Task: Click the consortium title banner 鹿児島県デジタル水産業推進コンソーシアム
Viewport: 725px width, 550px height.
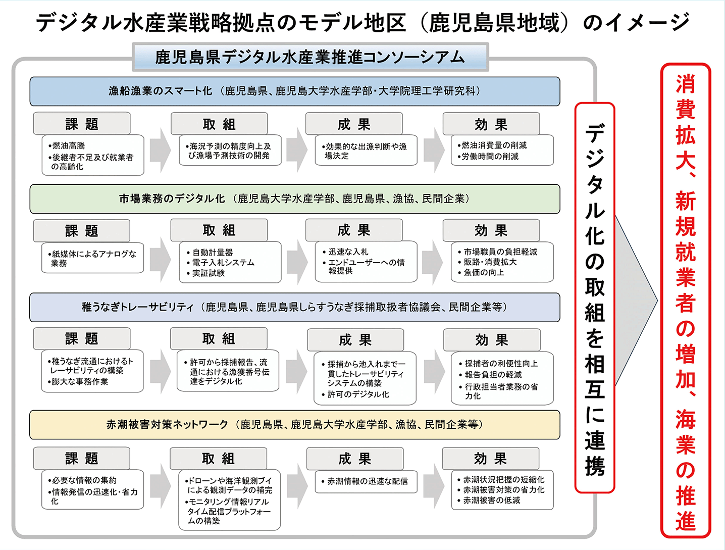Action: (x=310, y=57)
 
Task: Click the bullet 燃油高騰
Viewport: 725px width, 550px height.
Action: (x=69, y=145)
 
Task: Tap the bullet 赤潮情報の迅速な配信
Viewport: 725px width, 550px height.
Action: (x=367, y=481)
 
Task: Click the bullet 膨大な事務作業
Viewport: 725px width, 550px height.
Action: (x=80, y=382)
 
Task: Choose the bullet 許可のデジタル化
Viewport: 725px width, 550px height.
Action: (x=358, y=394)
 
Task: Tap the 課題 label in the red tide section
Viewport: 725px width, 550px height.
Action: (x=81, y=459)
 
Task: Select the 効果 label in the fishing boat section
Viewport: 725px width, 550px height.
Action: (x=491, y=124)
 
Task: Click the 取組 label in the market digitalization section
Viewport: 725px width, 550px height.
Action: (x=219, y=230)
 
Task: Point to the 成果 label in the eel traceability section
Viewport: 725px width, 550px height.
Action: (x=355, y=340)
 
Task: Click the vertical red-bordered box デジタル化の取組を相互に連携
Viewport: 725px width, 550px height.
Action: (x=595, y=298)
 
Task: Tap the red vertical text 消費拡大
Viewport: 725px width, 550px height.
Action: (x=686, y=121)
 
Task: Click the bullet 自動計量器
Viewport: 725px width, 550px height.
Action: (x=212, y=252)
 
